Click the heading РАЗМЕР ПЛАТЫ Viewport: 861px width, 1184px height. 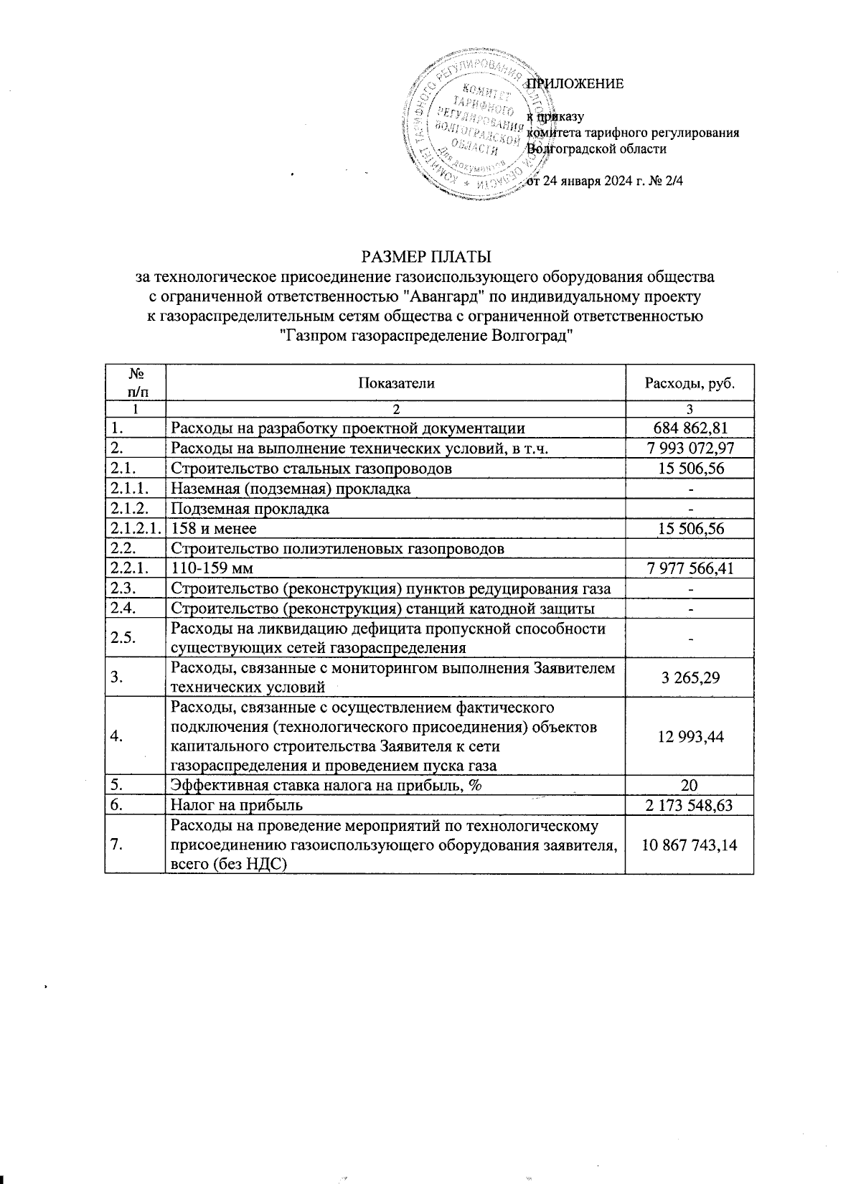pos(426,256)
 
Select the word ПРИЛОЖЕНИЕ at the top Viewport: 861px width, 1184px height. pos(575,83)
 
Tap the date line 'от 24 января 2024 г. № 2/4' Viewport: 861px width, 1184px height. pos(604,182)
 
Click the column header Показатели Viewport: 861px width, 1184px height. pos(395,382)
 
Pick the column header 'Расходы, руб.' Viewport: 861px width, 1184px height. pos(690,382)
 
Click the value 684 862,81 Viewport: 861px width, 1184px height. pos(690,428)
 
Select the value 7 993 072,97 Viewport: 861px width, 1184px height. pos(690,448)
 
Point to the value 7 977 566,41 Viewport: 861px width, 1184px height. pos(690,569)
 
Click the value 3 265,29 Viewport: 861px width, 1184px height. pos(690,677)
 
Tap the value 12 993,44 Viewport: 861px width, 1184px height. pos(690,736)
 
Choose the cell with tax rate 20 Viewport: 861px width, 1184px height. pos(690,785)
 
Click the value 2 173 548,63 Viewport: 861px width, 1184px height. pos(690,805)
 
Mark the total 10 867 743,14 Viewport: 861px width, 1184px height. pos(690,845)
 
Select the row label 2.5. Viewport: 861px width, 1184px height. pos(121,637)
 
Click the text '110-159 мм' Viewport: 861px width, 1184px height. pos(212,569)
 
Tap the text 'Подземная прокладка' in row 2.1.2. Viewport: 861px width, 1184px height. pos(249,509)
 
